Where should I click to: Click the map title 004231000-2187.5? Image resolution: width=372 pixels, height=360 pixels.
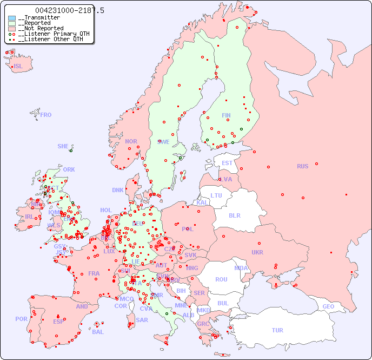pos(69,10)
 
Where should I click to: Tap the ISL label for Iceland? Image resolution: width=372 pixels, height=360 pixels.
pos(18,67)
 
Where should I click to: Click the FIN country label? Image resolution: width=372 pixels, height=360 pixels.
pos(226,115)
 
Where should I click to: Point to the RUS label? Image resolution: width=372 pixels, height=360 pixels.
pos(302,166)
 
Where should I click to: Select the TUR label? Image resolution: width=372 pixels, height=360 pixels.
pos(277,330)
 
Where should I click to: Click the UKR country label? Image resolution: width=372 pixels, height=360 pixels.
pos(257,252)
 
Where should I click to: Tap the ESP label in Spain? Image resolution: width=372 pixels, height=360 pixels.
pos(58,321)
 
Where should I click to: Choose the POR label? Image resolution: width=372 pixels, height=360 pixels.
pos(21,319)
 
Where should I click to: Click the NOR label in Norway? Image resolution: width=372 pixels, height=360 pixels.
pos(131,141)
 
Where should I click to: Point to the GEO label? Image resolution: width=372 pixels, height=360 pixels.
pos(328,306)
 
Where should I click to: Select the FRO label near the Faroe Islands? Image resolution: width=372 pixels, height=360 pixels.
pos(46,115)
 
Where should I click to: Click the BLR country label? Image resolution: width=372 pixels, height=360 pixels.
pos(234,215)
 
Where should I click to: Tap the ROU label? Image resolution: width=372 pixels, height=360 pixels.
pos(221,279)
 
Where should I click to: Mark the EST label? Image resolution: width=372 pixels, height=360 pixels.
pos(227,163)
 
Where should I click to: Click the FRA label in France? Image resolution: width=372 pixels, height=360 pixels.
pos(94,273)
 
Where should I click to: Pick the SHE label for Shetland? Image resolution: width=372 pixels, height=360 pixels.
pos(63,146)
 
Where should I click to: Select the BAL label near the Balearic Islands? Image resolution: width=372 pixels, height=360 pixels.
pos(98,332)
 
